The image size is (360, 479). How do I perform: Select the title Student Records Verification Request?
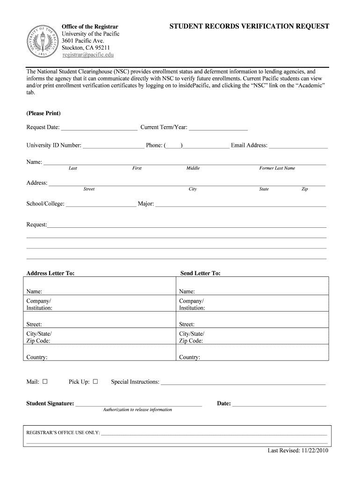point(249,27)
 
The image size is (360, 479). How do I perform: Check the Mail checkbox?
point(45,381)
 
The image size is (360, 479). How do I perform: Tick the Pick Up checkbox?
point(95,381)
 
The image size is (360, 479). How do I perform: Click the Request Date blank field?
point(99,128)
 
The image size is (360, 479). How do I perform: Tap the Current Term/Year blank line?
point(218,128)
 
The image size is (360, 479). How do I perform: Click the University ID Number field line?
point(113,145)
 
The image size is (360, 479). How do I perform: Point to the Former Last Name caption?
point(277,168)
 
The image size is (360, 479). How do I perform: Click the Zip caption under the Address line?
point(304,189)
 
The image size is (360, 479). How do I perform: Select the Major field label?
point(145,204)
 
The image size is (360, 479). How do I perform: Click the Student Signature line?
point(138,404)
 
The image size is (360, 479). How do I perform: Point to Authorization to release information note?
point(137,410)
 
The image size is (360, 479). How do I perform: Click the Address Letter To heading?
point(50,273)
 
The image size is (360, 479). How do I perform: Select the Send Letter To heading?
point(200,273)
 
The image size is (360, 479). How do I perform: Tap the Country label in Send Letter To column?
point(189,357)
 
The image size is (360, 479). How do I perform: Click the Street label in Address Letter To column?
point(34,324)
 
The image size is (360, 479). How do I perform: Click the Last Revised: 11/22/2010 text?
point(298,451)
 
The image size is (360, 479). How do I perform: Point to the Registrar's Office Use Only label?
point(63,433)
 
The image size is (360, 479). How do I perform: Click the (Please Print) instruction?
point(43,113)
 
